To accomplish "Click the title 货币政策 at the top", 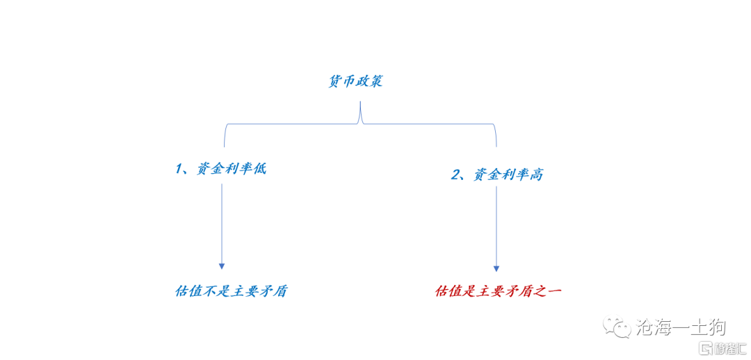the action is point(355,81).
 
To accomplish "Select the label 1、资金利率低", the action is point(220,169).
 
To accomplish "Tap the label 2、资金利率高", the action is point(497,174).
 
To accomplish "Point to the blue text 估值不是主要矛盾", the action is point(232,291).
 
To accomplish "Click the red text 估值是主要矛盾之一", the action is point(498,291).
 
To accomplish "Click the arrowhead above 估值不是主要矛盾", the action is point(222,265).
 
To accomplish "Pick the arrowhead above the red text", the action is point(496,268).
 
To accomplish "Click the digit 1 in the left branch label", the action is point(179,169).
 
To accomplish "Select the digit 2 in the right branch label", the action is point(456,174).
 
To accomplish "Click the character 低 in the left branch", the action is point(259,169).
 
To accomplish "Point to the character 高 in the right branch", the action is point(536,174).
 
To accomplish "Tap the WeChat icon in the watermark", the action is point(617,326).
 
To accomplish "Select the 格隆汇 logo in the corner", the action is point(722,347).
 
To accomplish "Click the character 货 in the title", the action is point(335,81).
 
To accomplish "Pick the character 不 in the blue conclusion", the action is point(211,291).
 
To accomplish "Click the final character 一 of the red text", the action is point(554,291).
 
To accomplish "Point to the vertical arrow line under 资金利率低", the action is point(222,222).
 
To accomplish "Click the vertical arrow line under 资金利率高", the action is point(496,226).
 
